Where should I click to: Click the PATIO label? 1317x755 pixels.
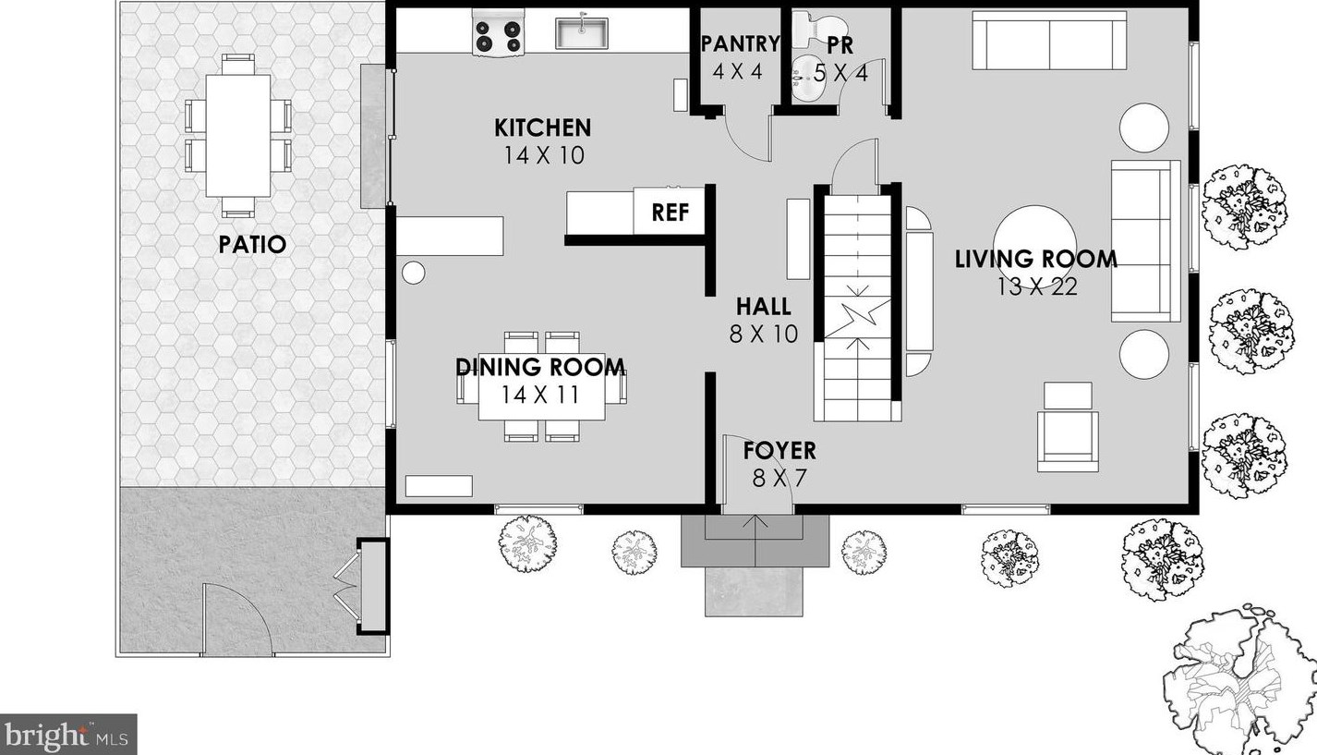(252, 244)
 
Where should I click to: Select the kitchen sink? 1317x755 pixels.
(582, 33)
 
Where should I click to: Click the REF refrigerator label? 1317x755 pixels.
(671, 212)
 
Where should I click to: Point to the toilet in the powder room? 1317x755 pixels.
(818, 31)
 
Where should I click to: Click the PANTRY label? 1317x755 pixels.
(740, 43)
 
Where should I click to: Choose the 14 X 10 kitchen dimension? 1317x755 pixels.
(544, 155)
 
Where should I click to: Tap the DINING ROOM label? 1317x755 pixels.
(540, 367)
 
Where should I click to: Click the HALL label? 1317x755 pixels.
(764, 307)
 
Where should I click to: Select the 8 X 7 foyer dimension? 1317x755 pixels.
(779, 479)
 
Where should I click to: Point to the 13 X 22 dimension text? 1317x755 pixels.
(1037, 286)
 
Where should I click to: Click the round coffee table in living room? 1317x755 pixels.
(1034, 246)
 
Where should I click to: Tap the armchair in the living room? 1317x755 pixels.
(1068, 427)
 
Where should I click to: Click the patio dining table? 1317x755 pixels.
(238, 135)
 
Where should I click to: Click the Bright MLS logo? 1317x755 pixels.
(68, 735)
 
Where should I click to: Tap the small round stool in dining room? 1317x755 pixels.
(414, 273)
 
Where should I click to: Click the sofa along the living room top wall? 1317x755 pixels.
(1049, 41)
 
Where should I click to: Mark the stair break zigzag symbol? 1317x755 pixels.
(858, 319)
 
